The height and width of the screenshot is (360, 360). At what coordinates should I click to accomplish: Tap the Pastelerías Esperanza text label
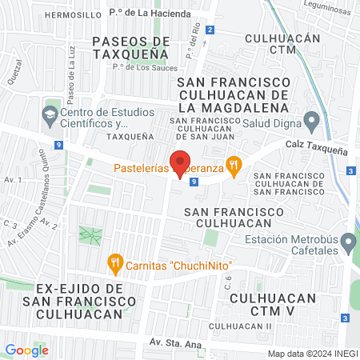(x=168, y=168)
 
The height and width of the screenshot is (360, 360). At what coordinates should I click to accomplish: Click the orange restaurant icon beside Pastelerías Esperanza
(x=234, y=166)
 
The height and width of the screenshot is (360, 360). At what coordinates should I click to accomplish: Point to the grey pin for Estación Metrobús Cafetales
(x=347, y=241)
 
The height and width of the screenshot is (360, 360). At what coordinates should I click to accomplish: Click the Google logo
(x=26, y=350)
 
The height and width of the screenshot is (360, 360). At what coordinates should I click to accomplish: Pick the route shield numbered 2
(x=210, y=30)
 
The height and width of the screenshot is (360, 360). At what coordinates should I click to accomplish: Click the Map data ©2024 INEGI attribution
(x=312, y=354)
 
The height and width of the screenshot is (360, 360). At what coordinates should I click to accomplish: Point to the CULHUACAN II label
(x=241, y=326)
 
